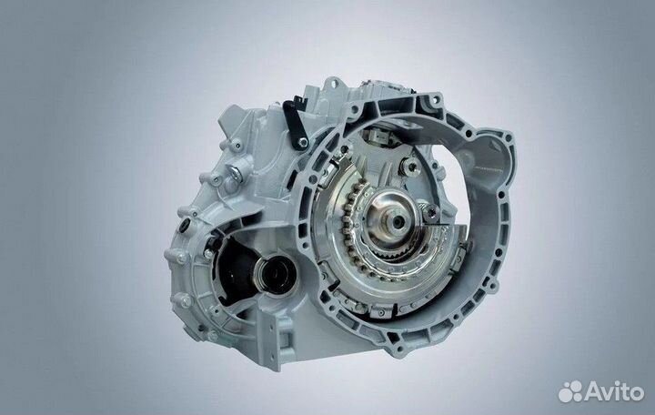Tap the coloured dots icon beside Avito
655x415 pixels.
tap(571, 391)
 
